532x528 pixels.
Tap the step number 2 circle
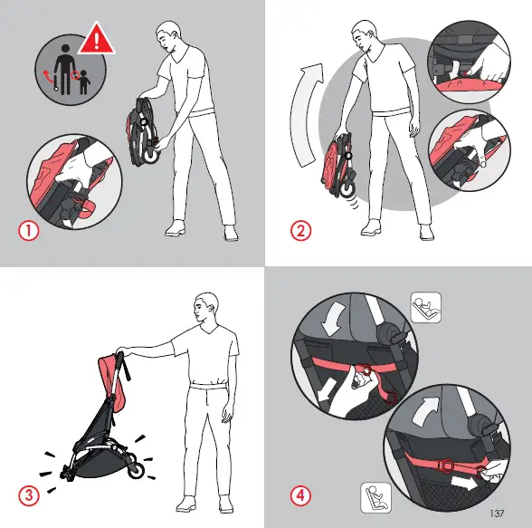[x=300, y=230]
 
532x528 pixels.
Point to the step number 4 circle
[x=300, y=495]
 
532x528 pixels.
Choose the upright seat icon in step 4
[x=373, y=496]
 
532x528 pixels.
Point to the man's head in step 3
[x=210, y=308]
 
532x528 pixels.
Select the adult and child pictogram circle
[x=71, y=72]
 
